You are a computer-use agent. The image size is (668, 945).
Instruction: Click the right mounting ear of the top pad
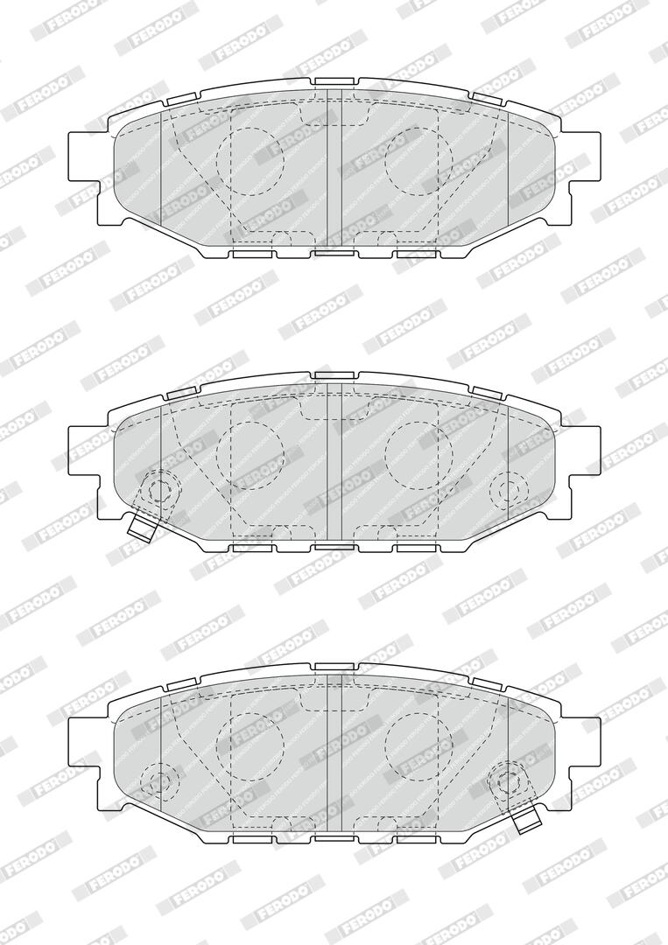point(586,155)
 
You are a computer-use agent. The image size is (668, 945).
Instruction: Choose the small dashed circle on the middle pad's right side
point(510,488)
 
